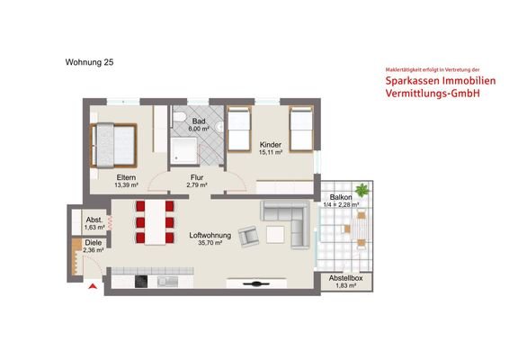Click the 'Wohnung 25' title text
pyautogui.click(x=89, y=63)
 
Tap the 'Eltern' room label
pyautogui.click(x=126, y=178)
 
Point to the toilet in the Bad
pyautogui.click(x=180, y=120)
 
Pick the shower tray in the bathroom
pyautogui.click(x=186, y=148)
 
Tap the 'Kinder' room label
pyautogui.click(x=272, y=144)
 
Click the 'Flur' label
pyautogui.click(x=197, y=178)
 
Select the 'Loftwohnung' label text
pyautogui.click(x=210, y=237)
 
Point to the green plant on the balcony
pyautogui.click(x=362, y=191)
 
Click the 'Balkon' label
pyautogui.click(x=341, y=197)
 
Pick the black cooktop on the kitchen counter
pyautogui.click(x=141, y=282)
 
